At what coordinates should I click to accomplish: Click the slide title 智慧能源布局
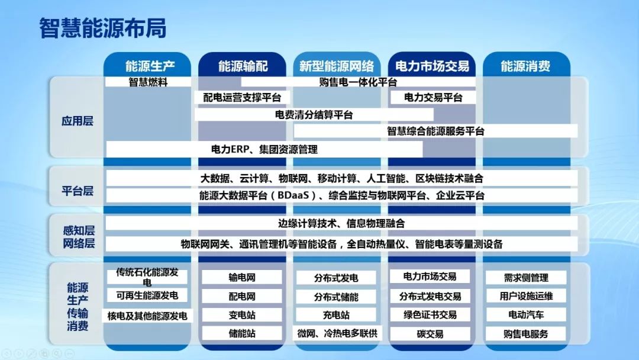[103, 28]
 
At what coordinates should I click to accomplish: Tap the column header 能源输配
[243, 65]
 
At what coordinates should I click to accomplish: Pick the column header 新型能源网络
[336, 65]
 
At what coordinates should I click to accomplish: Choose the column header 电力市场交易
[432, 65]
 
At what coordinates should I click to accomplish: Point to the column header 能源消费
[525, 65]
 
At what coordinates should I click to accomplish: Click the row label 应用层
[78, 121]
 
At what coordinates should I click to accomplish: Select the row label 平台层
[78, 191]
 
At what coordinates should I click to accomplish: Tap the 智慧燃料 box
[149, 82]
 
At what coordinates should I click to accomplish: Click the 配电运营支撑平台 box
[242, 97]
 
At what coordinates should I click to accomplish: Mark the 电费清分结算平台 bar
[314, 114]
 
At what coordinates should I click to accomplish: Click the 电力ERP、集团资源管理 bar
[264, 149]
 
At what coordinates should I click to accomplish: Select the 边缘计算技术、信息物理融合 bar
[341, 224]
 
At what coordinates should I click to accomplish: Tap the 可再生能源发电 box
[147, 295]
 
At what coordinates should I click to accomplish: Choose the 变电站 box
[242, 315]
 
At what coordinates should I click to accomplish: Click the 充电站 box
[336, 315]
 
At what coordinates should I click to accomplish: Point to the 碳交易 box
[430, 334]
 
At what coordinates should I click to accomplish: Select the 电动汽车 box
[525, 314]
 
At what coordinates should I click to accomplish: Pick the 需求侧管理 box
[525, 277]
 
